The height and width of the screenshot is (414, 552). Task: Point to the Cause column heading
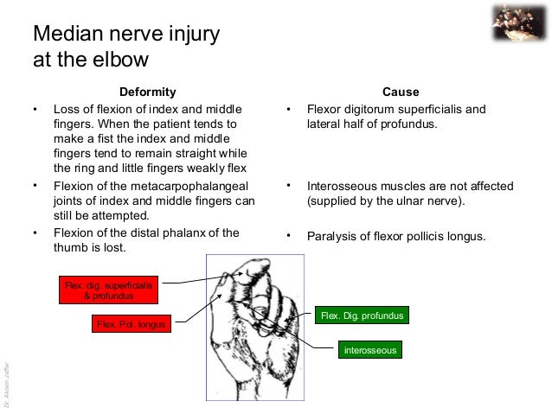pos(400,92)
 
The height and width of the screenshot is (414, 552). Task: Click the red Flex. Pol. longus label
pos(130,324)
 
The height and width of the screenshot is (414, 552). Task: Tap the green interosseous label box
pos(369,350)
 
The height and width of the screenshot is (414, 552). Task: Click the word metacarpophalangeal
pos(182,186)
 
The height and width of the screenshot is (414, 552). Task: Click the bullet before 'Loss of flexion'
pos(35,110)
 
